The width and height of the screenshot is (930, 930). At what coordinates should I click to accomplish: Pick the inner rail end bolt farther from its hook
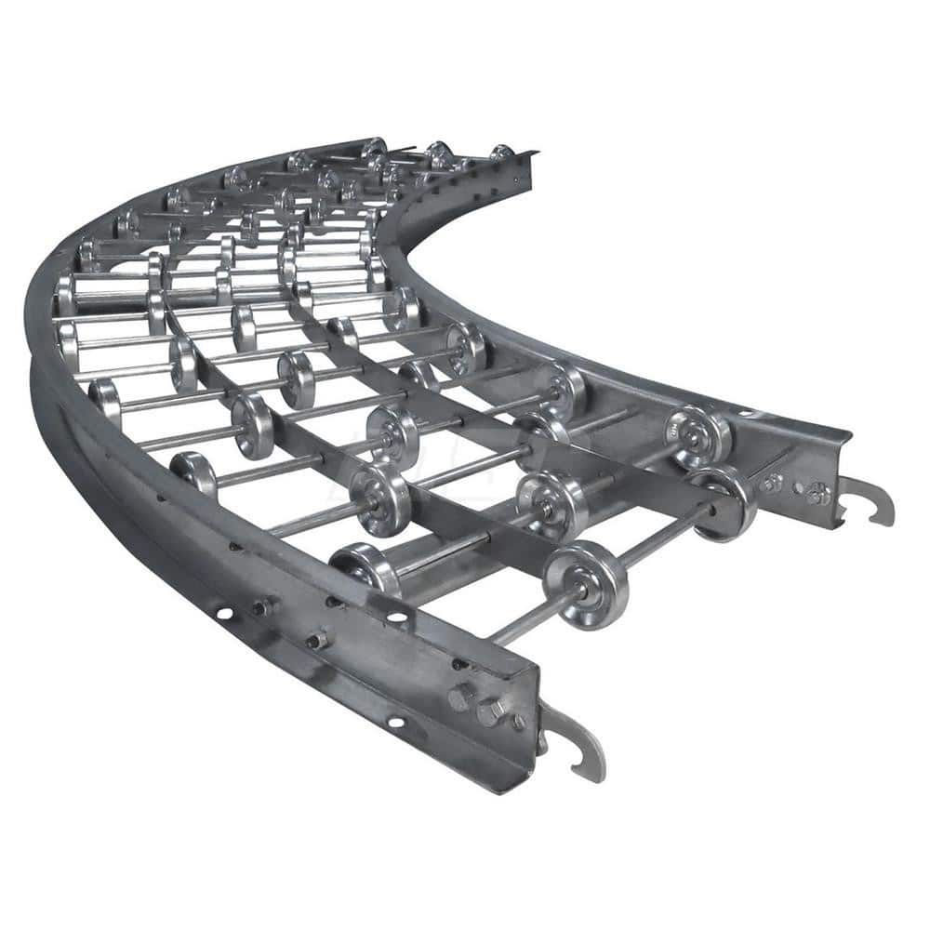coord(772,483)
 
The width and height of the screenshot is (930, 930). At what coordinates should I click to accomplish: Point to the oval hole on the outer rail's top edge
coord(397,617)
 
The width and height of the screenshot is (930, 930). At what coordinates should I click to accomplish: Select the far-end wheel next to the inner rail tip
coord(500,153)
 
